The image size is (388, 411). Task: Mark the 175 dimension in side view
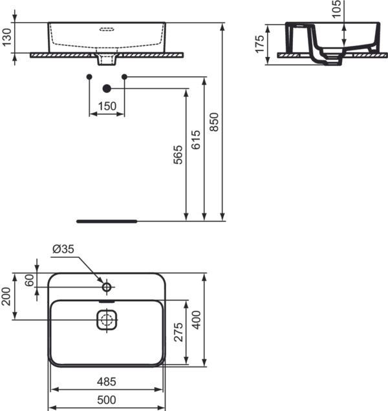point(259,43)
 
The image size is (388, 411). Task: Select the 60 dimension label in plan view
point(29,280)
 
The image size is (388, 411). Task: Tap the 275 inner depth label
point(179,332)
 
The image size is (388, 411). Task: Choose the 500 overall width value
point(107,401)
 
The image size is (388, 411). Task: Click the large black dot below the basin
point(107,88)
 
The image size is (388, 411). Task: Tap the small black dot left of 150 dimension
point(89,78)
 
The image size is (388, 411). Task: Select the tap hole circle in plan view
point(107,285)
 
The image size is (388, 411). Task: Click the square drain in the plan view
point(107,319)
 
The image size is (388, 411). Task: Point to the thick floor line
point(107,221)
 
